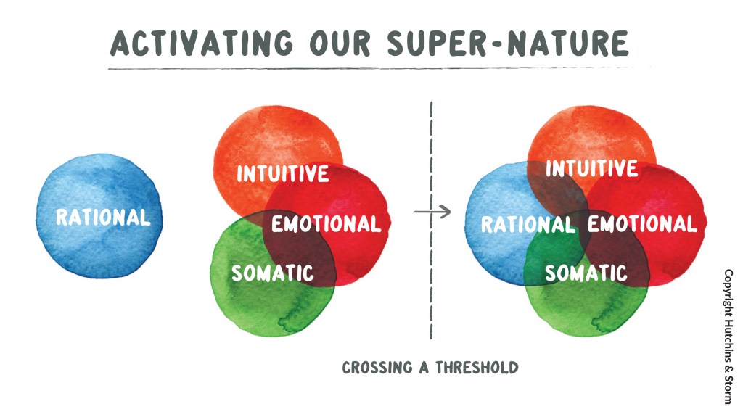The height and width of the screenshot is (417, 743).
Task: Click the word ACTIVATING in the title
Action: pos(202,43)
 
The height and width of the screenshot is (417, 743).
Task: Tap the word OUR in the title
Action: pos(340,43)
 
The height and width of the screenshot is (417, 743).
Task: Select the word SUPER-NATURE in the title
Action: pos(507,43)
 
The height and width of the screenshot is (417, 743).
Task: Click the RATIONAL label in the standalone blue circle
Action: pos(103,218)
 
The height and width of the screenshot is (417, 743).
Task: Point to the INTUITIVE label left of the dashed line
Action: pos(283,173)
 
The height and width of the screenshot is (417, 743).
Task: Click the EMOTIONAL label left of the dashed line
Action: pos(327,224)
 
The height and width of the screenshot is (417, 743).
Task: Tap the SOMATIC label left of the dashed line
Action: pos(273,273)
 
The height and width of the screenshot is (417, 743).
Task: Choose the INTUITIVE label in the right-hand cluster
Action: pos(591,169)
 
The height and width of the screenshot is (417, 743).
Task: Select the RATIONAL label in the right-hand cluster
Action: pos(528,225)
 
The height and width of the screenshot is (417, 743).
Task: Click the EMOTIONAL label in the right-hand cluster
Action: pos(643,224)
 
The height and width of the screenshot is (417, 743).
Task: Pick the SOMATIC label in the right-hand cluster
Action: pos(586,273)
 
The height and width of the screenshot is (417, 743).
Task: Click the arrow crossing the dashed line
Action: pos(432,212)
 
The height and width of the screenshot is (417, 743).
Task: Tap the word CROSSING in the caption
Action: pos(377,368)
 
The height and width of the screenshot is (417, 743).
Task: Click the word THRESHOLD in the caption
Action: pos(477,368)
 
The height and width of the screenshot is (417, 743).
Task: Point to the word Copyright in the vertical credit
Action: pos(728,290)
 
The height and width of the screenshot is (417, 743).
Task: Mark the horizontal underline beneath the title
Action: pos(379,68)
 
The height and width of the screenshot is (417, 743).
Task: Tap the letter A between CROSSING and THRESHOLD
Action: pos(424,368)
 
